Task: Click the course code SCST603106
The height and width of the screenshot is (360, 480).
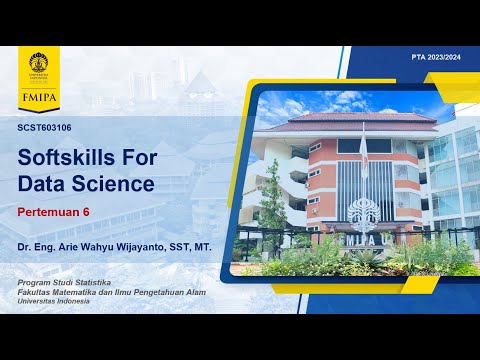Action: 45,128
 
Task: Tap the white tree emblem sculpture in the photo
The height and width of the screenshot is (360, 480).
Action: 363,212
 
